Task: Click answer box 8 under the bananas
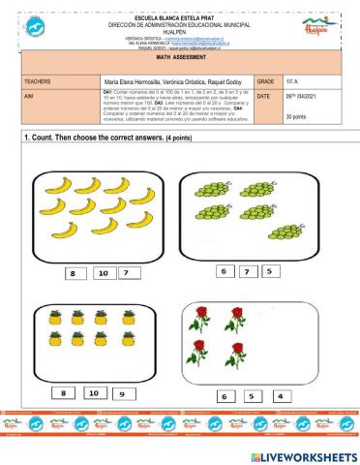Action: click(x=71, y=274)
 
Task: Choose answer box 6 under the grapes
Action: click(x=224, y=271)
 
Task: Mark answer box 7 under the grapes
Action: click(x=246, y=271)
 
